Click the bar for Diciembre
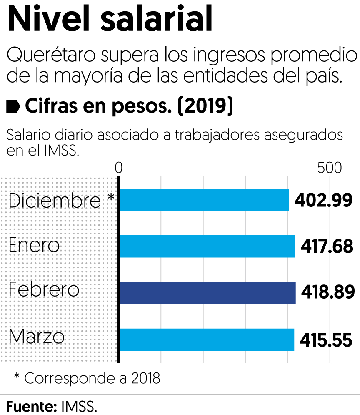tap(204, 200)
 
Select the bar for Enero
tap(207, 246)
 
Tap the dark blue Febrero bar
tap(207, 292)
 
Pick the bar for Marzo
tap(207, 340)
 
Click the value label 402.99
tap(323, 201)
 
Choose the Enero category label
tap(34, 246)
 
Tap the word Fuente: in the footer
tap(31, 406)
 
